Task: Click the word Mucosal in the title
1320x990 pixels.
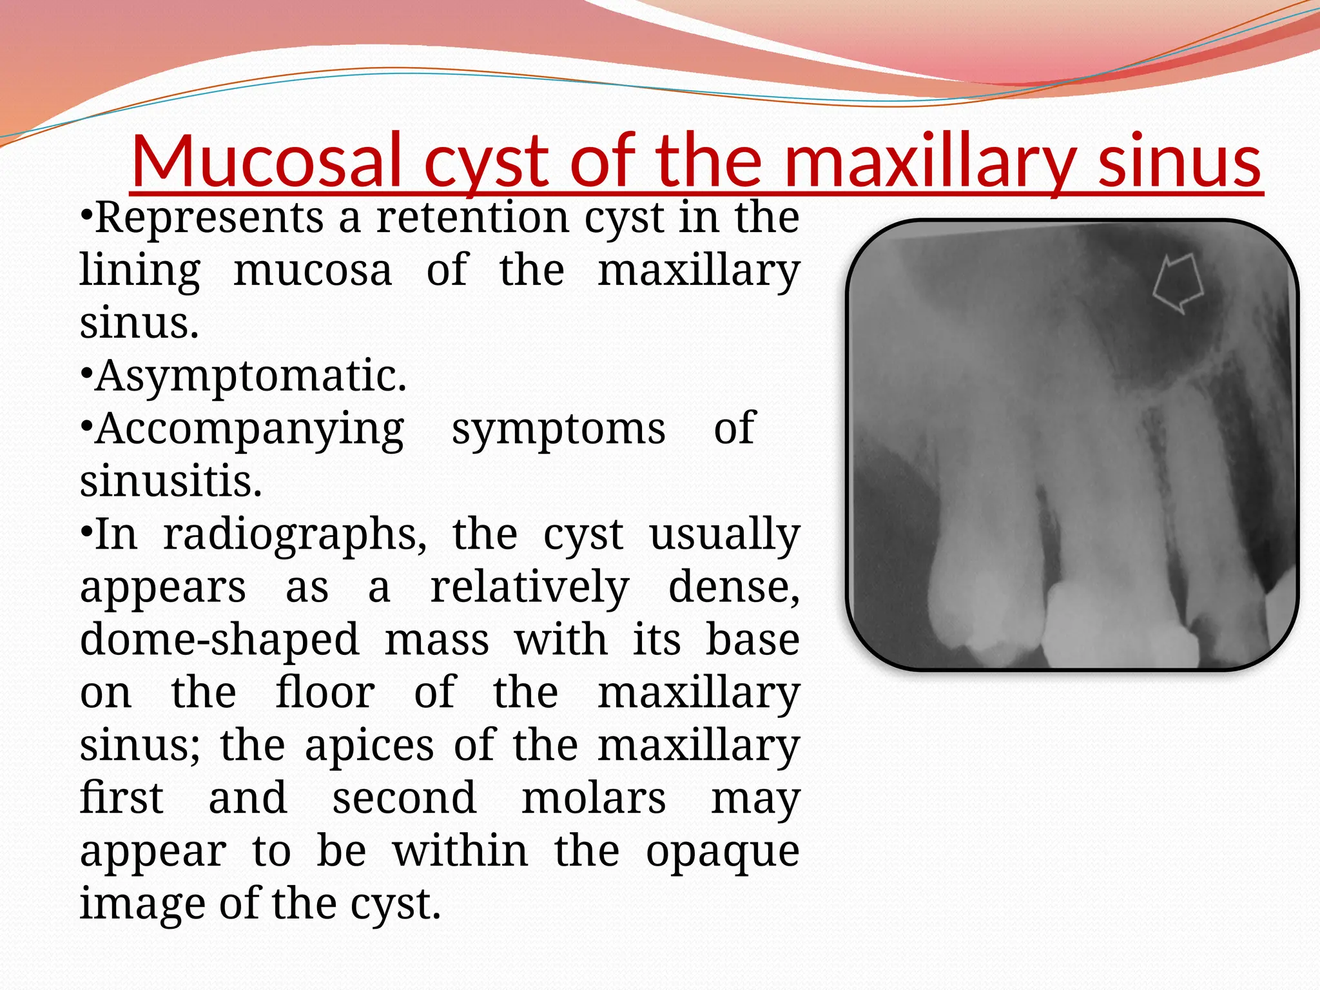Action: coord(268,160)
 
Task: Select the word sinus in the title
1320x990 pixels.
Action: coord(1178,160)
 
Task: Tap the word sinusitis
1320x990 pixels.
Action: coord(171,481)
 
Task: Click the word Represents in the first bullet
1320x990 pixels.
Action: coord(209,217)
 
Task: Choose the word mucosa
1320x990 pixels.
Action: coord(313,270)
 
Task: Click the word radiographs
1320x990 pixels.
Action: coord(294,534)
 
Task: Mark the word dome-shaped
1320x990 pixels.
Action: coord(219,640)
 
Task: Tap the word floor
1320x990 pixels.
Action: coord(325,693)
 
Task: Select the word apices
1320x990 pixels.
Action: coord(369,746)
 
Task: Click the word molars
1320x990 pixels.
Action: coord(593,799)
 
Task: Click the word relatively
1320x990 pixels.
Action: coord(529,587)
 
